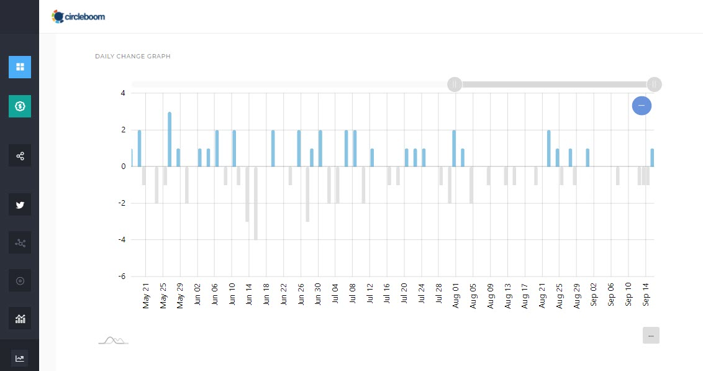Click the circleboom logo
78,17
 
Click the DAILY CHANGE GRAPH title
133,57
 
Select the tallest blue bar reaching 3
170,139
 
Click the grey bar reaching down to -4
255,203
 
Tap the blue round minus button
642,106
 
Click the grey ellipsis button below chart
651,335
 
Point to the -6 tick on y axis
122,277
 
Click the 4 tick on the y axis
123,93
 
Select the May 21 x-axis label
147,295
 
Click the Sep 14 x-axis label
646,295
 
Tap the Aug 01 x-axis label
455,295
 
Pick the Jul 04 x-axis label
335,295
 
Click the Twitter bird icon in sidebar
20,204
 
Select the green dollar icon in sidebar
20,106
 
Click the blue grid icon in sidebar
20,66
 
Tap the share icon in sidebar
20,155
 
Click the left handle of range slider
455,84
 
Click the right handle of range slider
654,84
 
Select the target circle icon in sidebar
20,281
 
